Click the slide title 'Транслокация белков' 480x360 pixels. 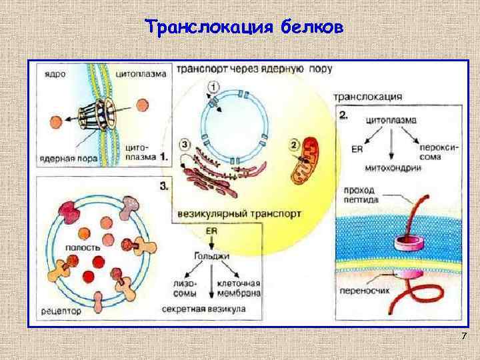pyautogui.click(x=244, y=27)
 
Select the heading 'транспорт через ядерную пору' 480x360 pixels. pyautogui.click(x=255, y=69)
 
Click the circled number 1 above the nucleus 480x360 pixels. pyautogui.click(x=212, y=87)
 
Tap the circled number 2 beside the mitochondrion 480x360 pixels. pyautogui.click(x=294, y=145)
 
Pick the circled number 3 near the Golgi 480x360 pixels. pyautogui.click(x=185, y=144)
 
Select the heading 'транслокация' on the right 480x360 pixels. pyautogui.click(x=371, y=97)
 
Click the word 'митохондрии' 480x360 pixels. pyautogui.click(x=391, y=169)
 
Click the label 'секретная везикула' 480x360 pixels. pyautogui.click(x=203, y=310)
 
